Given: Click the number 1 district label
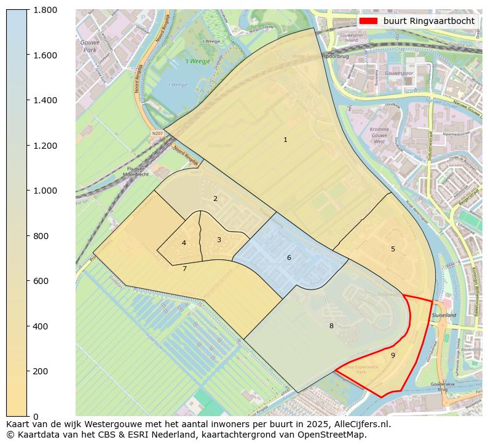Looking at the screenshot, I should (285, 140).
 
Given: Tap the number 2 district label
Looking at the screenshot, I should (215, 199).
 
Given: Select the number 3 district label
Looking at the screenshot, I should (219, 240).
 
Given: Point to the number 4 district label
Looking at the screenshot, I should (184, 243).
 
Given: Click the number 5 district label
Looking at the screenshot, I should (393, 249).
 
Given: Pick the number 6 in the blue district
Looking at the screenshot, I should (289, 258).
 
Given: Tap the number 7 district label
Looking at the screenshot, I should (184, 269).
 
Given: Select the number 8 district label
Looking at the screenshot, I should (331, 326).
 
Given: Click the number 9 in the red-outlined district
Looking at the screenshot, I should (393, 355).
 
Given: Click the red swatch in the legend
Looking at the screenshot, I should (368, 21).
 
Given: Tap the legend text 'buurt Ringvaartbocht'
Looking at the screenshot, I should (428, 21).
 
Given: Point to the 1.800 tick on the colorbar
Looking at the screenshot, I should (45, 10).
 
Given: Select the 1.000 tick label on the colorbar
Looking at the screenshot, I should (45, 191).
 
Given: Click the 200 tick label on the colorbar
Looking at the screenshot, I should (41, 371).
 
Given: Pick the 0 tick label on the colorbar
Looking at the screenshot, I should (36, 417).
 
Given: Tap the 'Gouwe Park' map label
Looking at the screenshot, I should (90, 46).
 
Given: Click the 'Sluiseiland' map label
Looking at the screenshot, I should (444, 315).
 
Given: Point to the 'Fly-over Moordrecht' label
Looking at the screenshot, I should (136, 171).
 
